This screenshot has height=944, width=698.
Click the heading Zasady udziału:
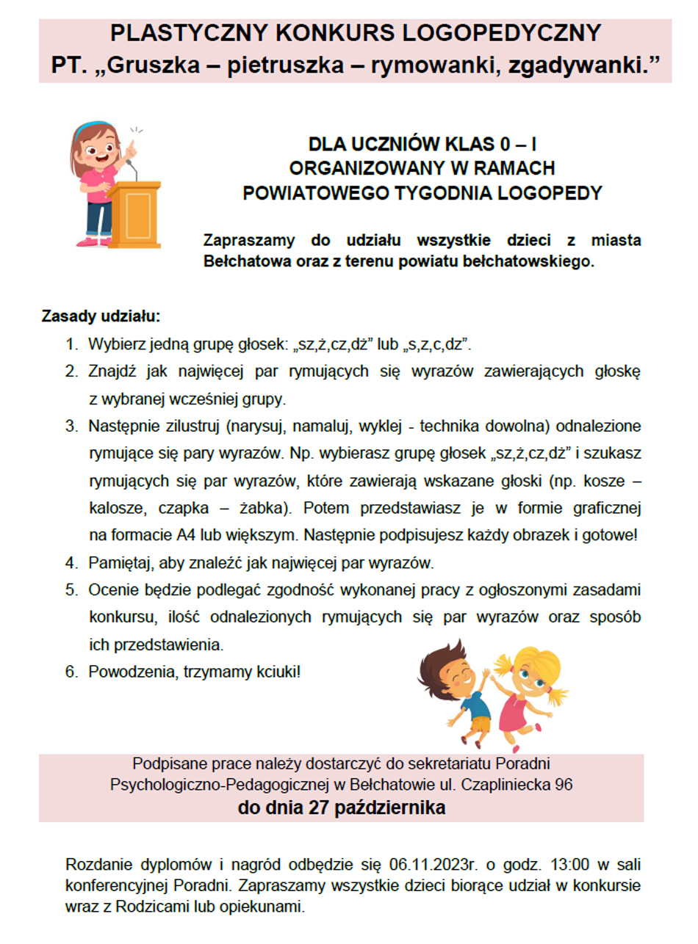coord(101,318)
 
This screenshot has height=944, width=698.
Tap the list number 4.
coord(71,564)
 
